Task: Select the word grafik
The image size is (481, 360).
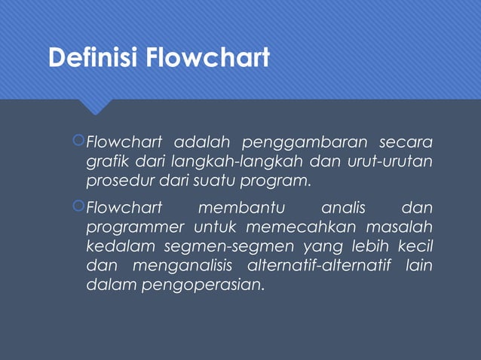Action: (106, 162)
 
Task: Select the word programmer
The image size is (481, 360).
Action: (136, 227)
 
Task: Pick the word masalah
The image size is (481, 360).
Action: (400, 227)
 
